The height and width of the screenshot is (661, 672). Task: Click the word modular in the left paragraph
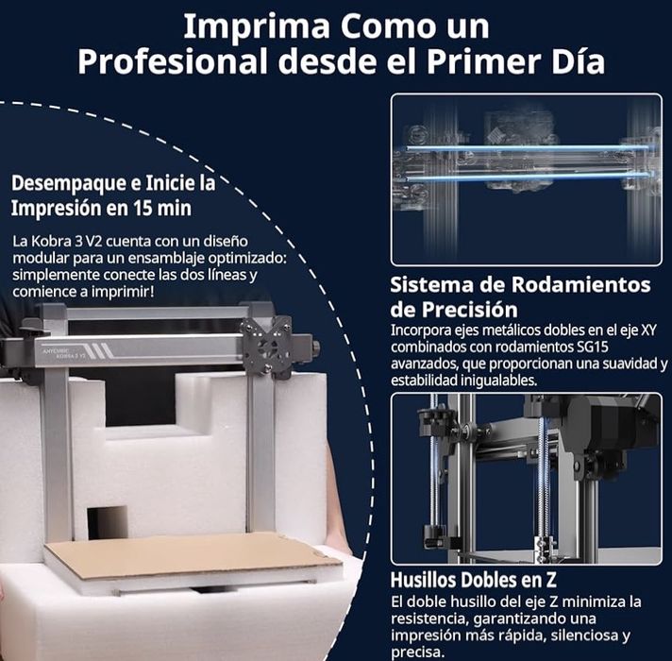point(42,258)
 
